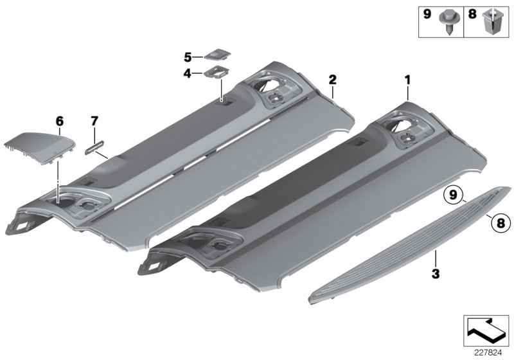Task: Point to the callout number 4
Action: tap(188, 74)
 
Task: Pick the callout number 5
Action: tap(188, 57)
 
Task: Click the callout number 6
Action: tap(59, 120)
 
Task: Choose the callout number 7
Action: tap(94, 120)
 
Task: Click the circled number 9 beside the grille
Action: tap(453, 194)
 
